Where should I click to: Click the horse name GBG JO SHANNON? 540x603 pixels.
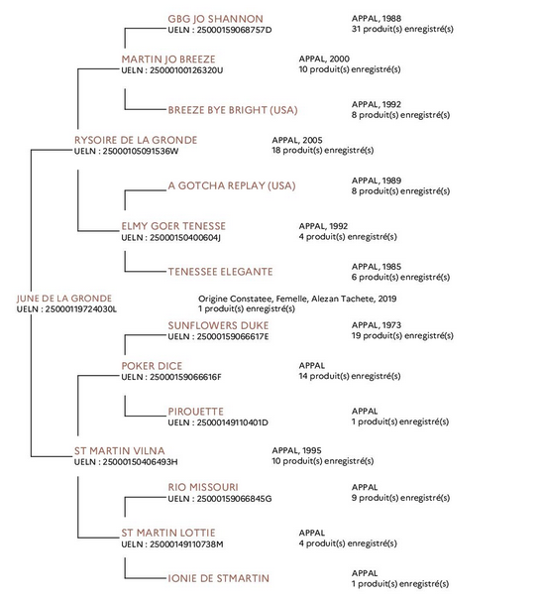215,19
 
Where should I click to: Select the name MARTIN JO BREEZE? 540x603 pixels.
168,60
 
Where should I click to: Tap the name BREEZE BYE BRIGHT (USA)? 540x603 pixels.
233,110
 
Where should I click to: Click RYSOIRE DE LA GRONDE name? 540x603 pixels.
136,140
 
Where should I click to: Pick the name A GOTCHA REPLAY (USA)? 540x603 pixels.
232,185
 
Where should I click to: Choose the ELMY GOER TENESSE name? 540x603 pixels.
173,226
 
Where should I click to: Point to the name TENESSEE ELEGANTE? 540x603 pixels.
220,272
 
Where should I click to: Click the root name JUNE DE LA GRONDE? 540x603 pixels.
64,299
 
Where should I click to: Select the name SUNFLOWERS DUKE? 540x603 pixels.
218,325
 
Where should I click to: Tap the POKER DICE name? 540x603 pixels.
152,366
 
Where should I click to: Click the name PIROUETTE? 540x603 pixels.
195,412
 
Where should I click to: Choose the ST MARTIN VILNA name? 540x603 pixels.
120,450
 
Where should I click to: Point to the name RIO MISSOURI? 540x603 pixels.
203,487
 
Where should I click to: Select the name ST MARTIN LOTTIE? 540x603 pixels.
168,533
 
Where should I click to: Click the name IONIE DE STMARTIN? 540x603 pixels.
219,578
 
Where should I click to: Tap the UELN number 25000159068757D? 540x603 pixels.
234,30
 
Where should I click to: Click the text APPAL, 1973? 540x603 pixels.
376,325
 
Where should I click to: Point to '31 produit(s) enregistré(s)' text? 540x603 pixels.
402,29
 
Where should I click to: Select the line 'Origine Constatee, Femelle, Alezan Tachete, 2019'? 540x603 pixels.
297,299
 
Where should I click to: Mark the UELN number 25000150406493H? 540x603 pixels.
140,462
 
